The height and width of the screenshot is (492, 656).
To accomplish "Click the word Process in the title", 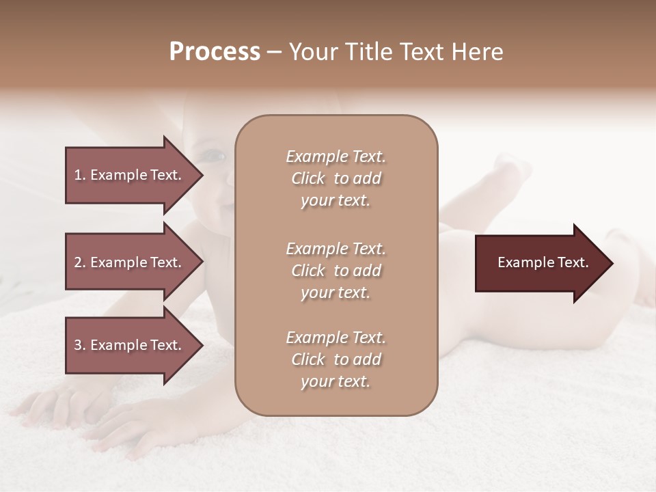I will coord(215,52).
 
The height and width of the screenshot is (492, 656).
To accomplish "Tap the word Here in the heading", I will coord(476,52).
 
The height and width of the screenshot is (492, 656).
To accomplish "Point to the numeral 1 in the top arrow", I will coord(78,175).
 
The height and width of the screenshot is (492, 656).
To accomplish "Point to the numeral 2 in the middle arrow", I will coord(78,262).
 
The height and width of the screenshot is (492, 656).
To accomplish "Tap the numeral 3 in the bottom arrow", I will coord(78,345).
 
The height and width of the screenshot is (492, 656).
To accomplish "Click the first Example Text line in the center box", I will coord(336,156).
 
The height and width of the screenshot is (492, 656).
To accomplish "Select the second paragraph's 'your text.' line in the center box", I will coord(336,292).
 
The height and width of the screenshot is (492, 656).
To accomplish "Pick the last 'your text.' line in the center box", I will coord(336,382).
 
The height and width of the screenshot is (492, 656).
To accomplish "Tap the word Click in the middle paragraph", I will coord(307,271).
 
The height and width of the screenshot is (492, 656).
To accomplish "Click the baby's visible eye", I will coord(217,156).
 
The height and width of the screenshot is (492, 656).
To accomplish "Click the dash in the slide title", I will coord(275,53).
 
